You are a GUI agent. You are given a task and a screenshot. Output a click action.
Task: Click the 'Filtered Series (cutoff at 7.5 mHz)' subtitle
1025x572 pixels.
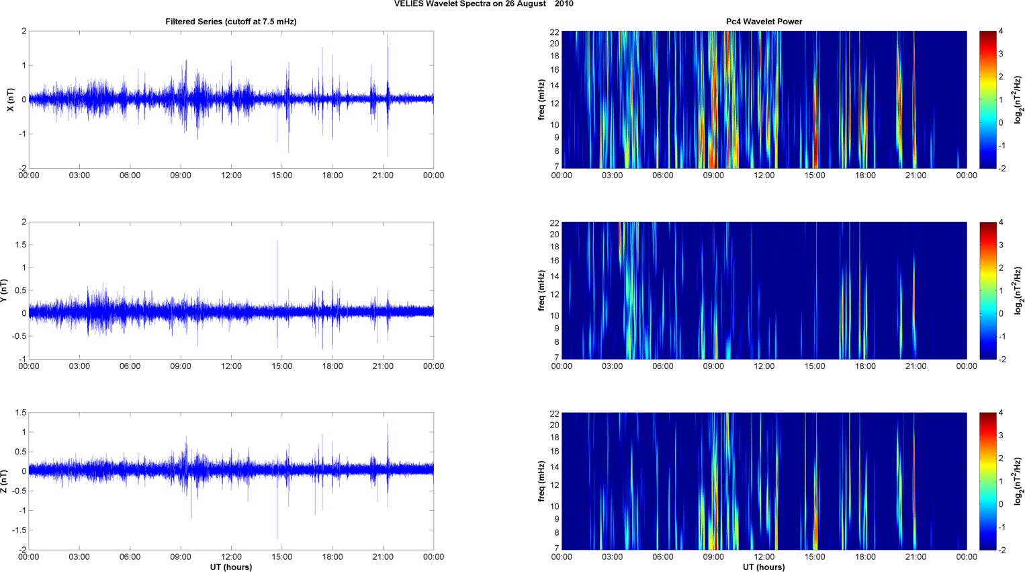(230, 22)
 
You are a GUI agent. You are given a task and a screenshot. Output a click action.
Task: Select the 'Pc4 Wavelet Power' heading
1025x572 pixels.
(764, 22)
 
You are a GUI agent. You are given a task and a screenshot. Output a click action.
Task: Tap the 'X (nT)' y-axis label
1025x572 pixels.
(10, 99)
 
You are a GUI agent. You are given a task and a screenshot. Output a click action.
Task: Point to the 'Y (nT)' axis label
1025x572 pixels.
(4, 290)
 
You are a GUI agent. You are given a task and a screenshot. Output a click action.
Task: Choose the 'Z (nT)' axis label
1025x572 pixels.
(4, 481)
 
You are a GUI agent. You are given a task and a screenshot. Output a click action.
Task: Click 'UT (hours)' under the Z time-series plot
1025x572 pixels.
(230, 567)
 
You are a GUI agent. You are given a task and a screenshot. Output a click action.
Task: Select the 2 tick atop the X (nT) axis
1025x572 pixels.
(24, 31)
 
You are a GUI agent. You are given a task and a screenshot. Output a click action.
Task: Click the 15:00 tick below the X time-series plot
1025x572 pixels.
(281, 175)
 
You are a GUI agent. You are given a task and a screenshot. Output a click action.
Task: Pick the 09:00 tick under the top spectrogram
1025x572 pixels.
(713, 175)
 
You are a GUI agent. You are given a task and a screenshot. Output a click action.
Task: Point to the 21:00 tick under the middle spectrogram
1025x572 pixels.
(916, 366)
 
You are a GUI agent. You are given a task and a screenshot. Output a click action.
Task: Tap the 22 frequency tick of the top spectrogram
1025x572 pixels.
(554, 32)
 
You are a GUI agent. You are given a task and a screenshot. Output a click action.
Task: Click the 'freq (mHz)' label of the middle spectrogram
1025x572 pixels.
(541, 290)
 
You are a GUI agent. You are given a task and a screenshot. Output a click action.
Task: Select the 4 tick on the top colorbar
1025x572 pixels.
(1001, 31)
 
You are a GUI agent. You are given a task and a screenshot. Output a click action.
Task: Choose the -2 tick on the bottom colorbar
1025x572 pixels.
(1001, 550)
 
